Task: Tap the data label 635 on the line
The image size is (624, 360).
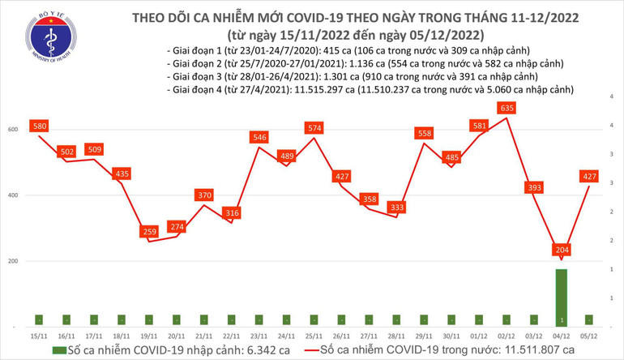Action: (508, 107)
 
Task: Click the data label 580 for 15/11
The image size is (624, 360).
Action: (40, 126)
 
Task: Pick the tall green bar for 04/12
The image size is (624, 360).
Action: (562, 298)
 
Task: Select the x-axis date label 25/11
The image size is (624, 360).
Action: (314, 335)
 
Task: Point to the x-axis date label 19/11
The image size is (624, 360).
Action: (149, 335)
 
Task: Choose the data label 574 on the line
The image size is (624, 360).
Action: (314, 127)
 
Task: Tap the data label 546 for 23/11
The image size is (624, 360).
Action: (259, 137)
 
